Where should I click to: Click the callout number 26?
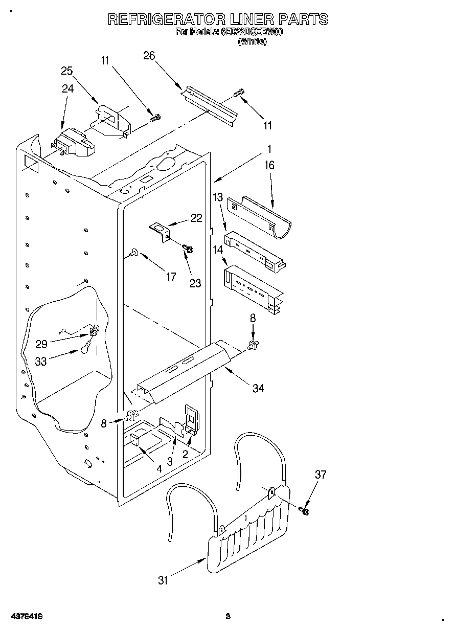click(149, 56)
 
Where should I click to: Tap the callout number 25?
click(67, 71)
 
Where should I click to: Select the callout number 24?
click(67, 88)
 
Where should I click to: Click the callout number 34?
click(258, 388)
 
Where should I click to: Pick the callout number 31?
click(163, 580)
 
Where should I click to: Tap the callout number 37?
click(320, 475)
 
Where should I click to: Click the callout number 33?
click(41, 360)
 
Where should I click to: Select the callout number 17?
click(171, 277)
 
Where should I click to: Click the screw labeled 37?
click(306, 510)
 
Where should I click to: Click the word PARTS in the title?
click(304, 19)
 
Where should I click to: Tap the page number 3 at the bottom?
click(228, 616)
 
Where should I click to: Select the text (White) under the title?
click(252, 42)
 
